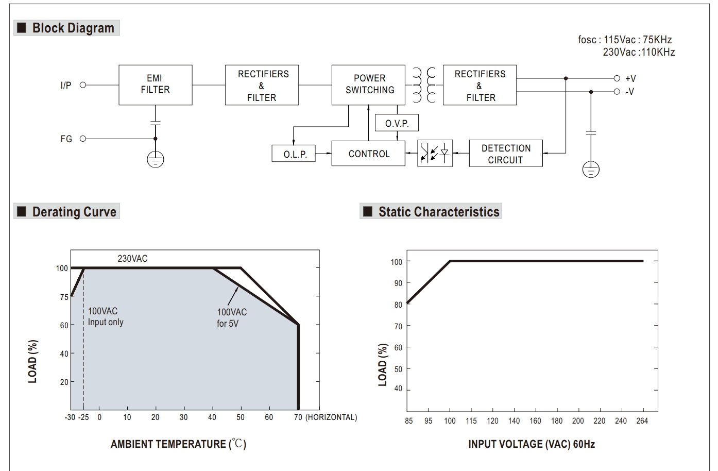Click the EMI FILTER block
[155, 85]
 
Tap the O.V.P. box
[397, 124]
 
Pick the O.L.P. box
[295, 154]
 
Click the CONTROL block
[368, 154]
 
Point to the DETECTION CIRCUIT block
[505, 154]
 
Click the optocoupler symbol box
[435, 153]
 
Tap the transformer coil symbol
[424, 85]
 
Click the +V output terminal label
[630, 78]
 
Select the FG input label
[66, 139]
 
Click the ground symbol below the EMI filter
[156, 160]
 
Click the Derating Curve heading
[74, 212]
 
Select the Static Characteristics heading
[438, 212]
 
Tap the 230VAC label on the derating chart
[132, 259]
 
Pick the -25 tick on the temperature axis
[83, 417]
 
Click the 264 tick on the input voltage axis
[642, 421]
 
